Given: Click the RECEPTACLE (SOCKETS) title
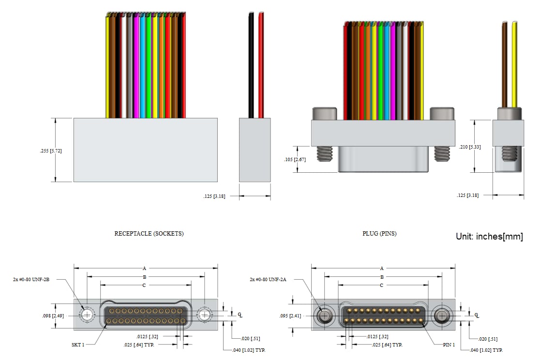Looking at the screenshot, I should [149, 233].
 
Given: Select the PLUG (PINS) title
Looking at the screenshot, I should [379, 233].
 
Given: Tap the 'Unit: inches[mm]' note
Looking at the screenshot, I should [489, 237].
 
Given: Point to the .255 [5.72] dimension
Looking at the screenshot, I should [51, 151].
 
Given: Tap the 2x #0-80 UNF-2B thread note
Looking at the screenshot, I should [31, 279].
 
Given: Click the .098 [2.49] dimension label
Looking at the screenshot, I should [51, 315].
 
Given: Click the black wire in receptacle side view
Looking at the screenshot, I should [251, 65].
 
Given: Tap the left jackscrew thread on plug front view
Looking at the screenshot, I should [323, 154].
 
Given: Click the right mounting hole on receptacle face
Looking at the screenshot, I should [205, 315].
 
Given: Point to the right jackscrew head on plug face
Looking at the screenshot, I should [442, 316].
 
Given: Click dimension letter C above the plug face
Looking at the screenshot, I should [382, 285].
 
